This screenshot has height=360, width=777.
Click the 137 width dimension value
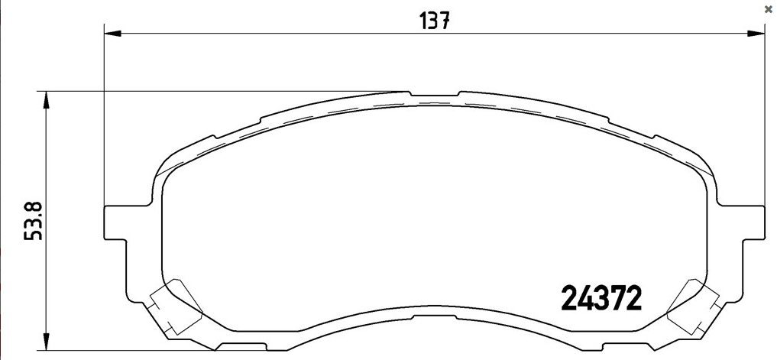coord(435,21)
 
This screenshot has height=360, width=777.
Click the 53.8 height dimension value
coord(34,221)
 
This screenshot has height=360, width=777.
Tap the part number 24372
coord(601,299)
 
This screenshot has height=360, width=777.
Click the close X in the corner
coord(768,9)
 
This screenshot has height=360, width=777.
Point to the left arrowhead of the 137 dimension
coord(112,33)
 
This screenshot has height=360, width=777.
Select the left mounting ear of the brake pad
coord(115,222)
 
